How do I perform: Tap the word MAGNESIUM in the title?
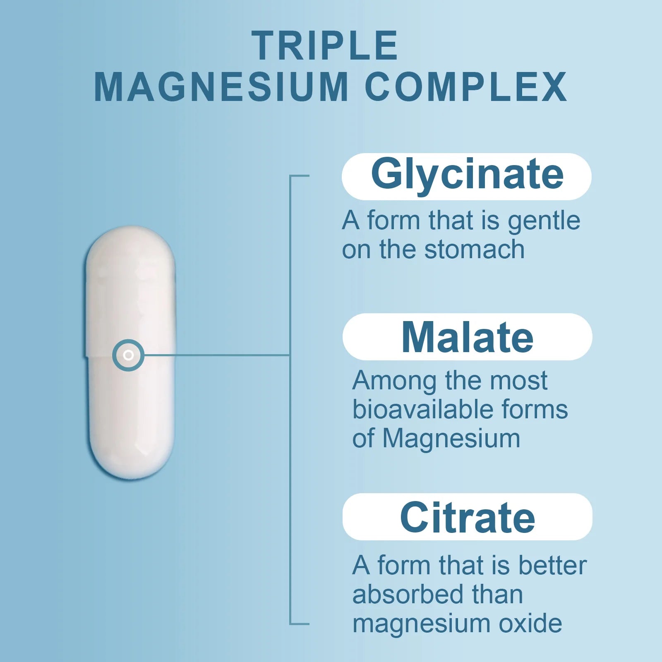coord(221,87)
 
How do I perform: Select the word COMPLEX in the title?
coord(466,87)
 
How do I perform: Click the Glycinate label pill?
coord(467,177)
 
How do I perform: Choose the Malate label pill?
coord(468,337)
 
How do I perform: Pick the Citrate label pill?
coord(468,517)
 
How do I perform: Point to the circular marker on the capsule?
coord(128,355)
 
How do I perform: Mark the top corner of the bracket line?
coord(290,176)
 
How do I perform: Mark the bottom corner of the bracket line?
coord(290,624)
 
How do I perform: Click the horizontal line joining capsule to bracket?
coord(217,355)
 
